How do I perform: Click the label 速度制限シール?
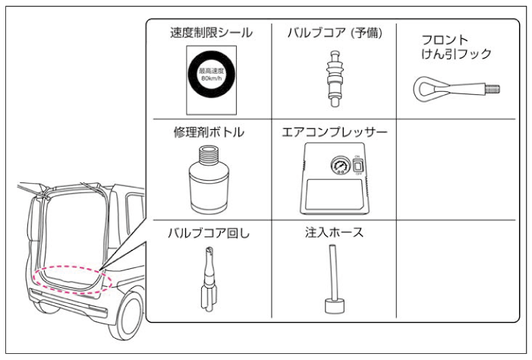pos(211,33)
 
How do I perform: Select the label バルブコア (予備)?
pos(334,33)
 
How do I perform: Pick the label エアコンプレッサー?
pos(334,132)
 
